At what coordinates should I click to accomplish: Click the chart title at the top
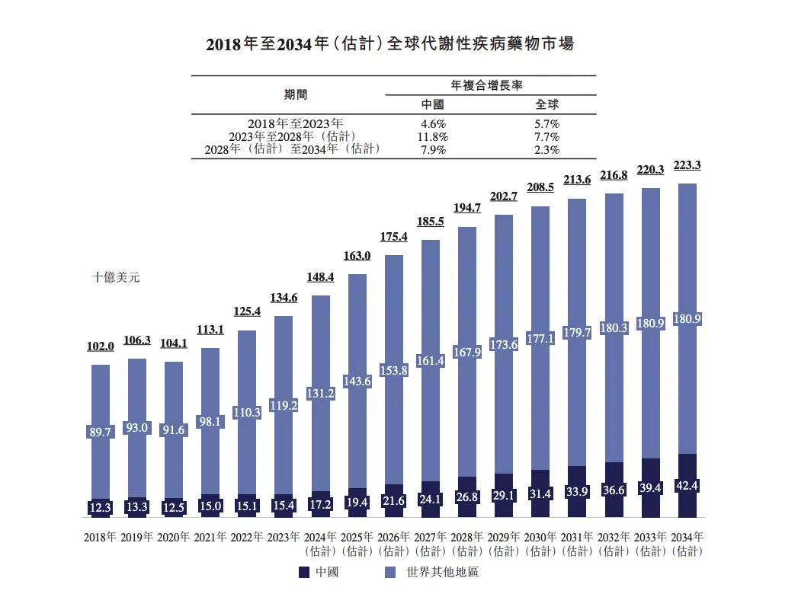click(389, 43)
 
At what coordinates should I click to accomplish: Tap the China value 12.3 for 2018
click(100, 507)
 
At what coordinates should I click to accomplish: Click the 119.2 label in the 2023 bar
click(284, 406)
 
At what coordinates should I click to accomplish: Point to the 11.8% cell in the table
click(434, 136)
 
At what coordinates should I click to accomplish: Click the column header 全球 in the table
click(547, 104)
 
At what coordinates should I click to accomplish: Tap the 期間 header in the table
click(296, 94)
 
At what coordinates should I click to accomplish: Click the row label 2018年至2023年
click(296, 123)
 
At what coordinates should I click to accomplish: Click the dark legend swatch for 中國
click(303, 572)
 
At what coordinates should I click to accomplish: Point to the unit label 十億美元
click(116, 278)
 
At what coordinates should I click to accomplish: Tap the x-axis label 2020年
click(174, 537)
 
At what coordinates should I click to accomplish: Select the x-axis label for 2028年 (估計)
click(467, 542)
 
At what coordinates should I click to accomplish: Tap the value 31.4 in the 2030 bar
click(540, 494)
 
